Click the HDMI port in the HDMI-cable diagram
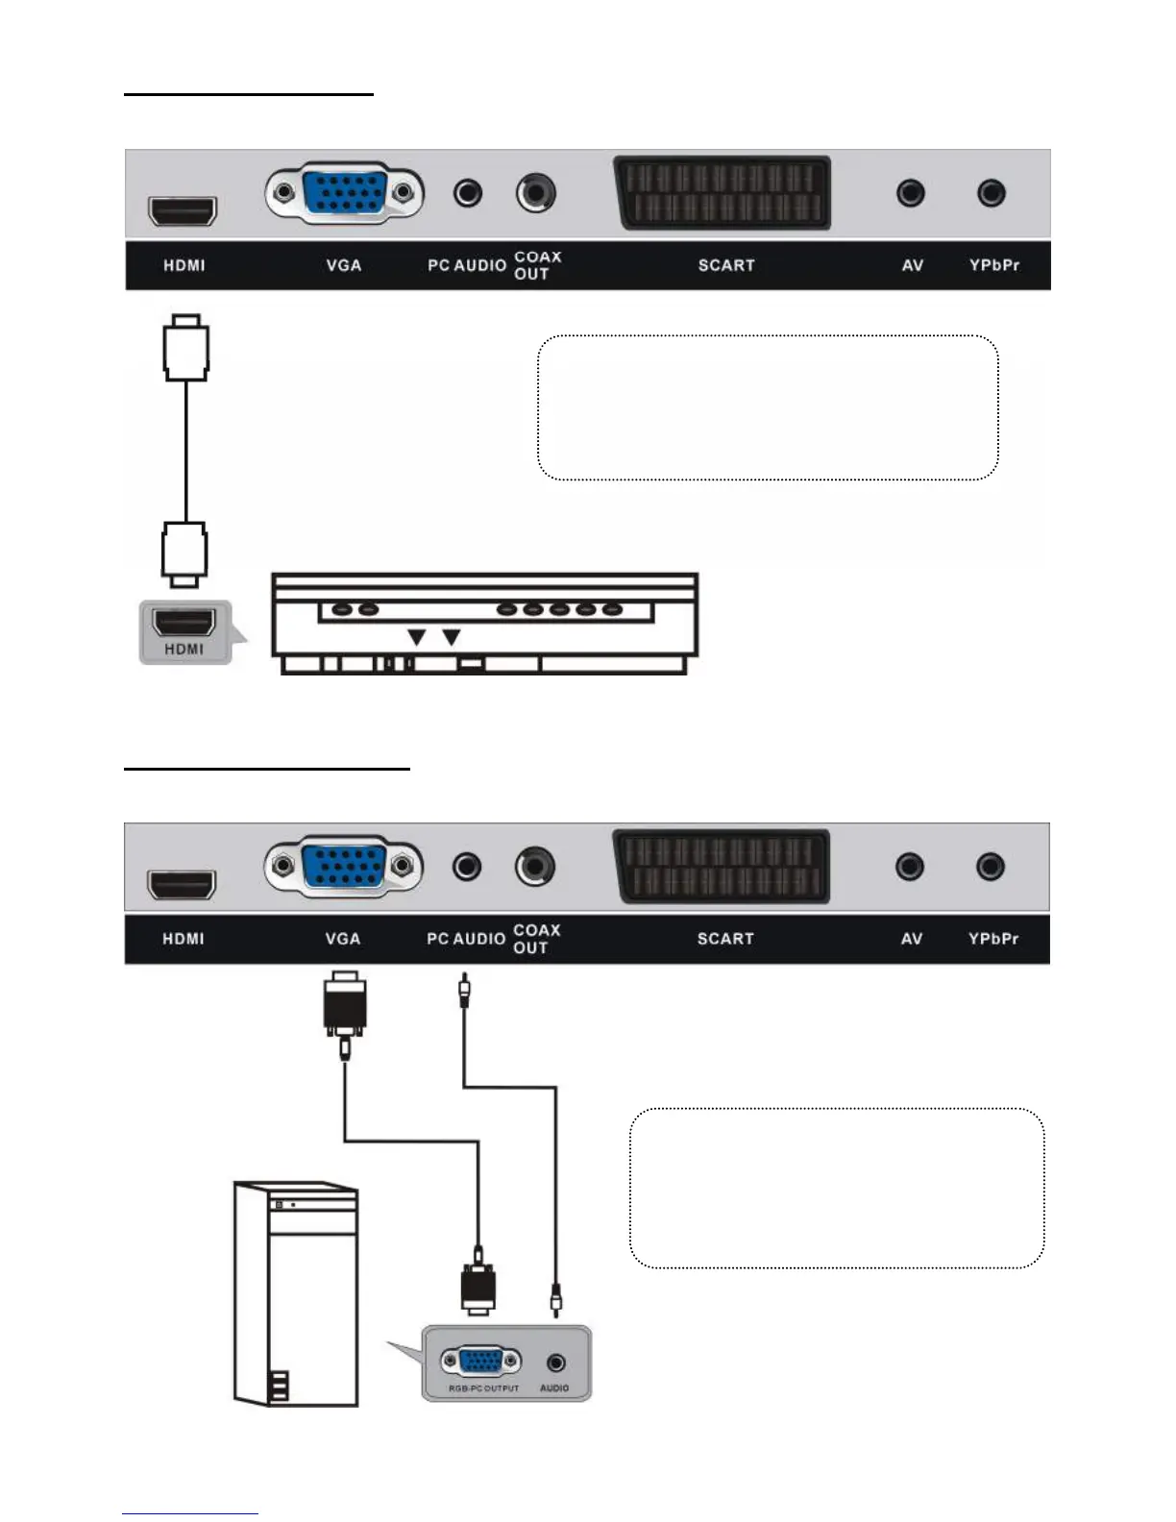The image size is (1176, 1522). pyautogui.click(x=182, y=209)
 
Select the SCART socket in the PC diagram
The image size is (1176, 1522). pyautogui.click(x=722, y=866)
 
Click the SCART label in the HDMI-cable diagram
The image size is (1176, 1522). pyautogui.click(x=726, y=265)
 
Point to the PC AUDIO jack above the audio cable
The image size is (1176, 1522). pyautogui.click(x=467, y=867)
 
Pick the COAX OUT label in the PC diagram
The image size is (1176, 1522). pyautogui.click(x=536, y=939)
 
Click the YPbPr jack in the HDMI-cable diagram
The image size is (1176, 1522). pyautogui.click(x=991, y=193)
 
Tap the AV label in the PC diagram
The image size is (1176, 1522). pyautogui.click(x=912, y=939)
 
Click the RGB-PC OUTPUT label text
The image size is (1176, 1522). pyautogui.click(x=483, y=1388)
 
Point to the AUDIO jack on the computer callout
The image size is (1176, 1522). pyautogui.click(x=555, y=1362)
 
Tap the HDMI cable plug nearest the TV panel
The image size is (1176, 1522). pyautogui.click(x=185, y=347)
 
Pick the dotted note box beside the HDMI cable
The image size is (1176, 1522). pyautogui.click(x=768, y=407)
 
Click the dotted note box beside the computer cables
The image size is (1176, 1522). pyautogui.click(x=836, y=1188)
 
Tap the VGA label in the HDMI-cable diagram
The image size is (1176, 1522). pyautogui.click(x=343, y=265)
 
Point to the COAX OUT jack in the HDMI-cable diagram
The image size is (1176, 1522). pyautogui.click(x=535, y=193)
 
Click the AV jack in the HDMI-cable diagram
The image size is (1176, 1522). pyautogui.click(x=910, y=193)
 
